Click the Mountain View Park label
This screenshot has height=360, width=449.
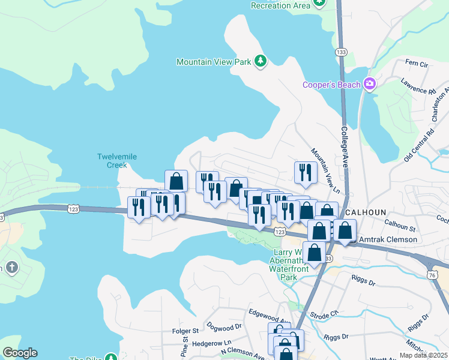pos(214,62)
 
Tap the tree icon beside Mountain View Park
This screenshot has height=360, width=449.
pos(261,61)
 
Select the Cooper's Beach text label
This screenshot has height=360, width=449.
pos(331,84)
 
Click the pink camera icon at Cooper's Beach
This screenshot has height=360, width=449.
pos(369,84)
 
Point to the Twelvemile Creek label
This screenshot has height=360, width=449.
pos(117,161)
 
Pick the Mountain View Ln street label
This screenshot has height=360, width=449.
pos(325,172)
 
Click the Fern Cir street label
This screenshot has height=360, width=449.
pos(416,62)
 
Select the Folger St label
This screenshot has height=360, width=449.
pos(185,331)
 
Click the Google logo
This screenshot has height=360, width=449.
pos(20,353)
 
